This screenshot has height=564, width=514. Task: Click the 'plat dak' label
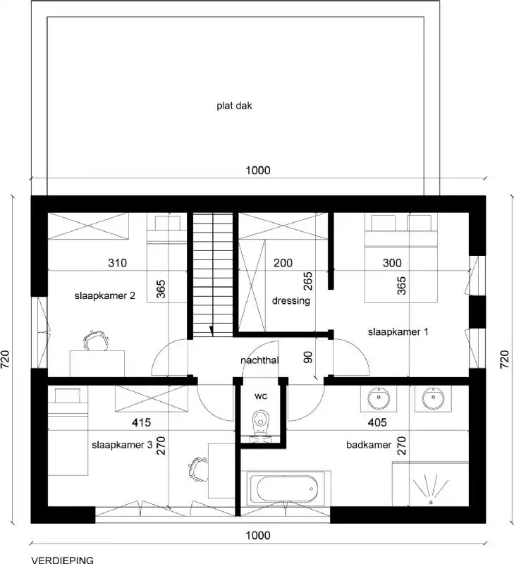tap(234, 106)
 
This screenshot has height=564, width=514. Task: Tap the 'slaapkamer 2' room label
tap(105, 296)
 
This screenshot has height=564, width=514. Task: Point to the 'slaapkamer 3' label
tap(122, 445)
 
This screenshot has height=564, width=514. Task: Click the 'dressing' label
tap(290, 300)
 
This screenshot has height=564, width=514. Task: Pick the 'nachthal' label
tap(260, 360)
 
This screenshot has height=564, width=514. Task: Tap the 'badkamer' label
tap(369, 445)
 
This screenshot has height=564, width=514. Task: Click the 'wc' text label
tap(261, 396)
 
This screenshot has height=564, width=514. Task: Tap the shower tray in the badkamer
tap(430, 485)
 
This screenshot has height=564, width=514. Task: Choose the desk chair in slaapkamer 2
tap(94, 341)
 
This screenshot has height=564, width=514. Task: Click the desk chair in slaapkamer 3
tap(198, 467)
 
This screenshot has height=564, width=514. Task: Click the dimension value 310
tap(117, 264)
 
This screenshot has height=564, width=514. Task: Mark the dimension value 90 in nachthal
tap(307, 356)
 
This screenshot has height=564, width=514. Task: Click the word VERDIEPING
tap(62, 559)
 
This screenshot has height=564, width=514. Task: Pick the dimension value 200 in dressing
tap(282, 264)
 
